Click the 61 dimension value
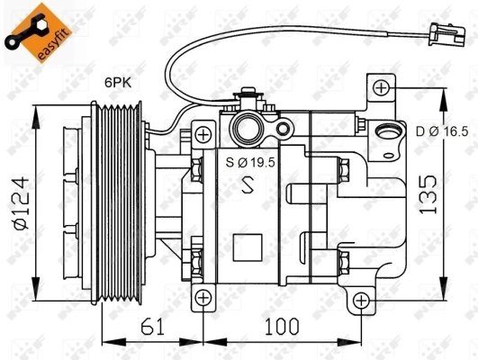coord(154,326)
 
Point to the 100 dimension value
coord(280,326)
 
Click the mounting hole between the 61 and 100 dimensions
coord(204,298)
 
